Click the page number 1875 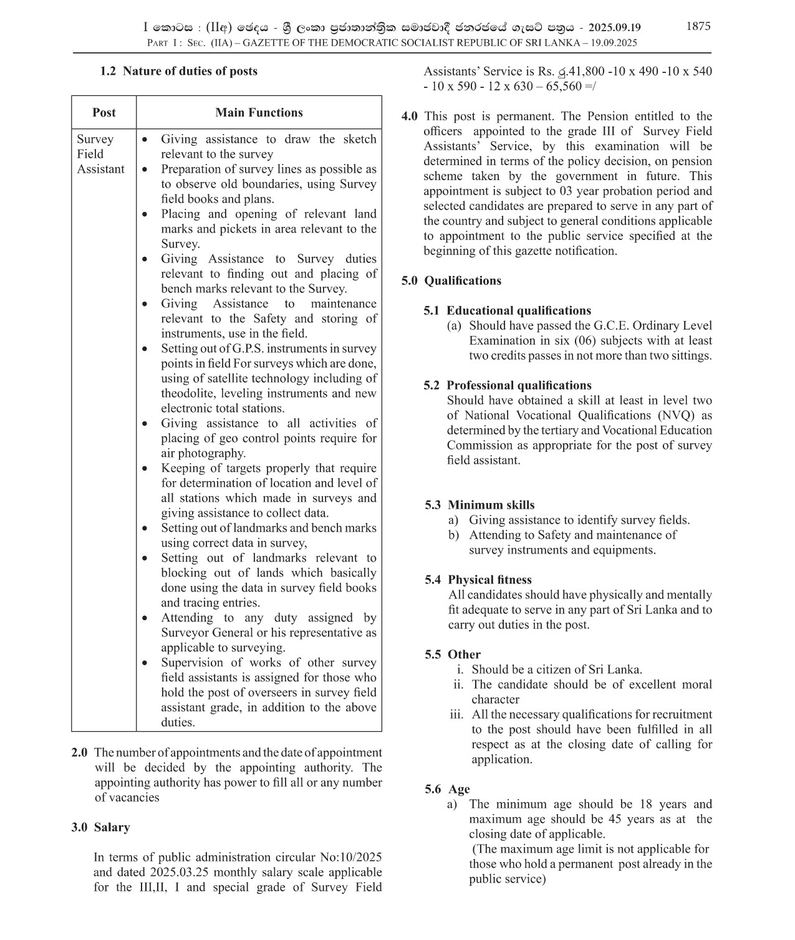[x=698, y=26]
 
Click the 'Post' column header [x=104, y=113]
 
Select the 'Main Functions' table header [x=259, y=113]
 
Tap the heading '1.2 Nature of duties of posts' [x=178, y=71]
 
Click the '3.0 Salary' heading [x=100, y=827]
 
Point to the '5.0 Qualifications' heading [x=451, y=281]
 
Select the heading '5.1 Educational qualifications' [x=507, y=310]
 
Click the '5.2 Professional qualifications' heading [x=507, y=385]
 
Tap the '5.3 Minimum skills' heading [x=479, y=505]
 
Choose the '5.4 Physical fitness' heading [x=478, y=580]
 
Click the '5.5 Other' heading [x=453, y=655]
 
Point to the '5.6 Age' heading [x=447, y=789]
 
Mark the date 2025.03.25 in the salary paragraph [x=180, y=872]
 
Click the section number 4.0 [x=410, y=116]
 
